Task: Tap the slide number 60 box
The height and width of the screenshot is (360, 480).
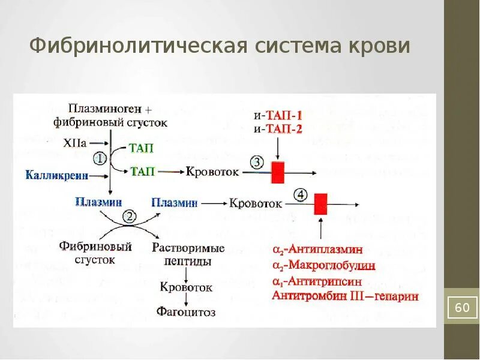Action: coord(462,308)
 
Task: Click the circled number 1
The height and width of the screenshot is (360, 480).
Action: coord(100,159)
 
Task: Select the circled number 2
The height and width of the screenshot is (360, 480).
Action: coord(128,217)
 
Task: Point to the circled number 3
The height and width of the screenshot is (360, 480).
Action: coord(256,163)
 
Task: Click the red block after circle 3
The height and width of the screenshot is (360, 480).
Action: coord(278,172)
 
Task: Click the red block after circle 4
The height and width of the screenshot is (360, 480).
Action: coord(321,204)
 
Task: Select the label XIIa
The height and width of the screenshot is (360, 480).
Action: coord(75,144)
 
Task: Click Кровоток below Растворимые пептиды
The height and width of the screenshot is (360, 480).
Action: coord(186,287)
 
